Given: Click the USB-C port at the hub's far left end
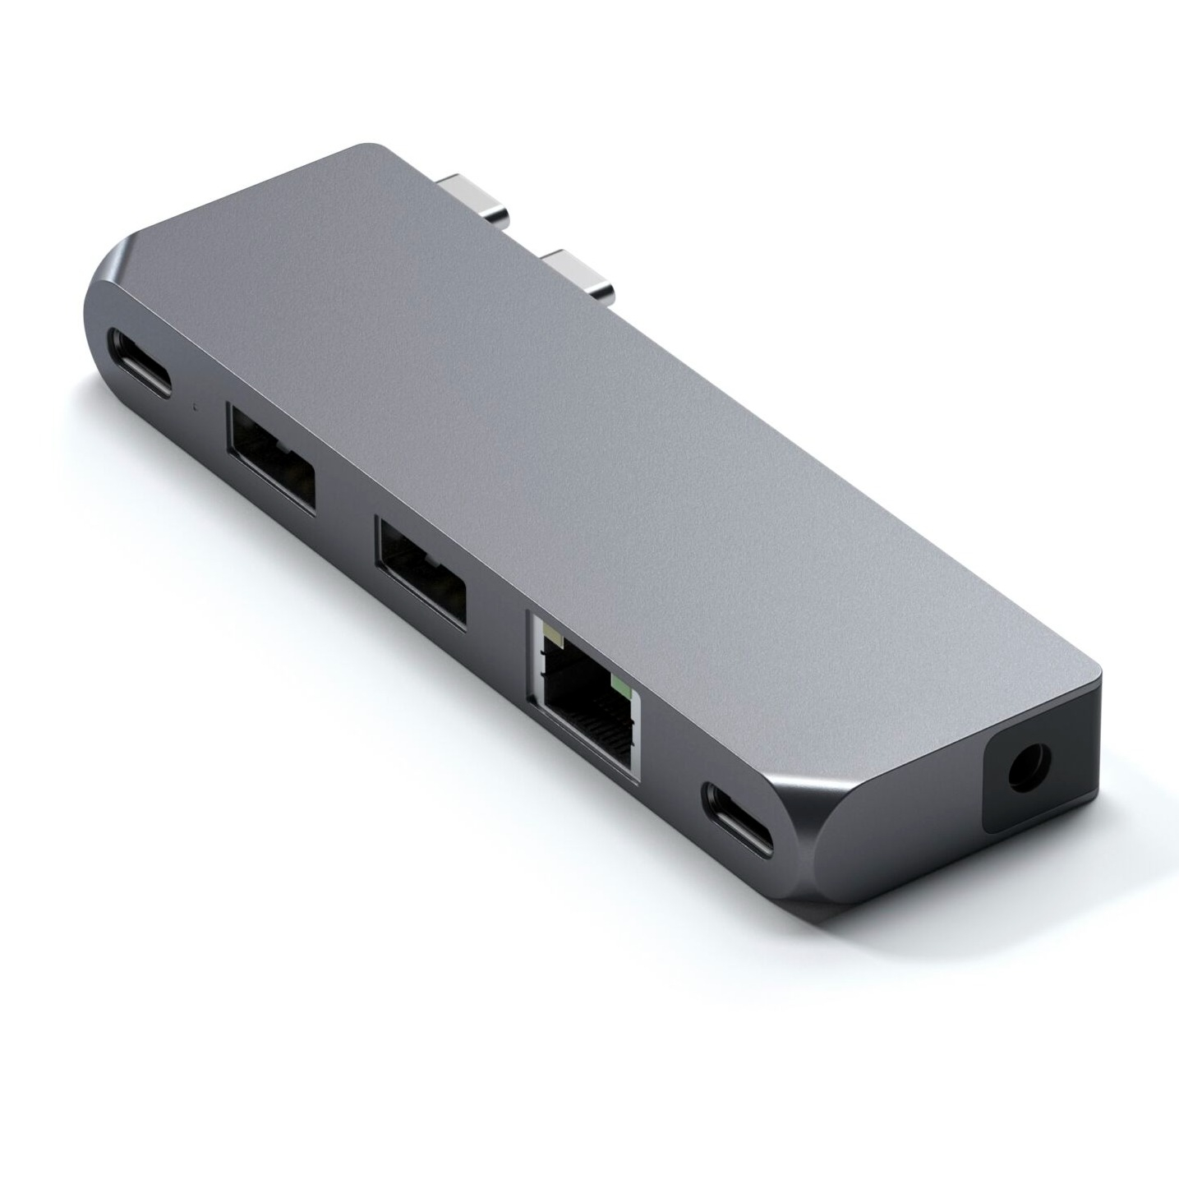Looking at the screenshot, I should tap(147, 362).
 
